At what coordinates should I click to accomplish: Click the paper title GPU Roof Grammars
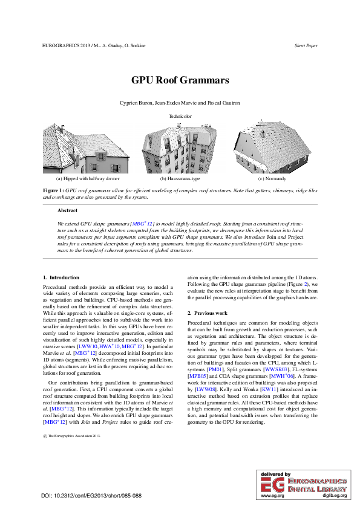(180, 80)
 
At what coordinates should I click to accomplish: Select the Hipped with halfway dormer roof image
(88, 148)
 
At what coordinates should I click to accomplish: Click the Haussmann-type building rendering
(180, 148)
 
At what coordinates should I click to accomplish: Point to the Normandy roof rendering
(271, 145)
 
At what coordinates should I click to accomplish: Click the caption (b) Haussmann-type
(180, 180)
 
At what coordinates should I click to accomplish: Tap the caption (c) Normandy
(272, 180)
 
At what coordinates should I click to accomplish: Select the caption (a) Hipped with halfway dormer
(88, 180)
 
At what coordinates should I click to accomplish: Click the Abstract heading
(67, 210)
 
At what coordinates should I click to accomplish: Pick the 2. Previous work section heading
(208, 313)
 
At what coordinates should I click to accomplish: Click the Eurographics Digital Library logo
(304, 484)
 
